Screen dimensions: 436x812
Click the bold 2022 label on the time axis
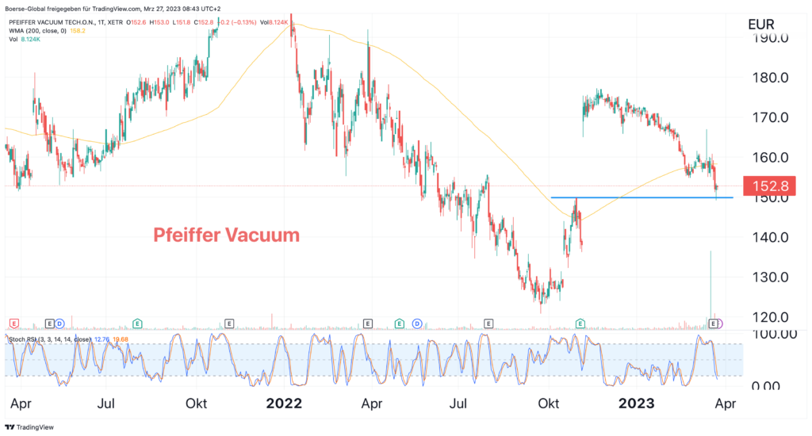tap(284, 403)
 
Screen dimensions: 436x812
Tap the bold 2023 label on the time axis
tap(636, 403)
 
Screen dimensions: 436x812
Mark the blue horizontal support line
tap(642, 197)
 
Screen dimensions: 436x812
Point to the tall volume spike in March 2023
tap(710, 285)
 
